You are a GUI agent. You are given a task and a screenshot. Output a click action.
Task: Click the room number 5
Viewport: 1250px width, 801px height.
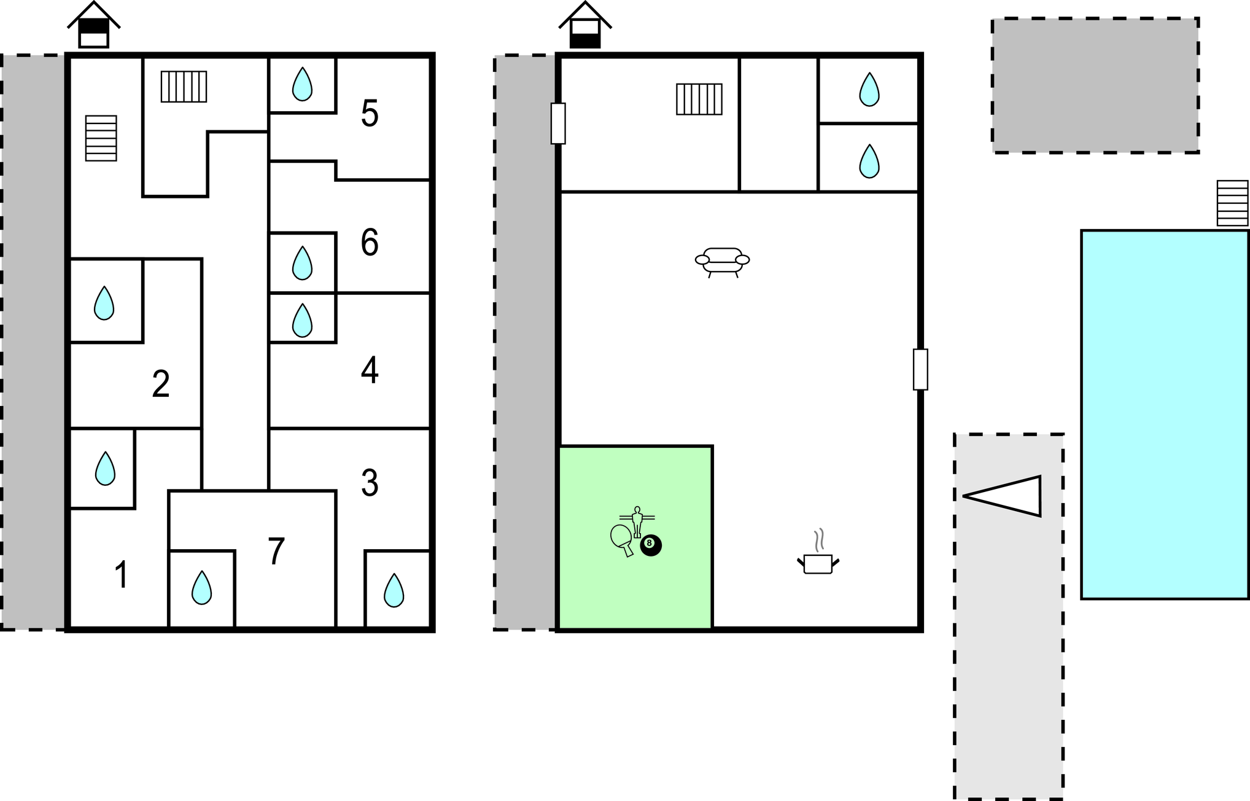pyautogui.click(x=370, y=114)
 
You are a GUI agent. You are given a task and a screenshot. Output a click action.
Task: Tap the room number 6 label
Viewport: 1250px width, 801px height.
pyautogui.click(x=370, y=242)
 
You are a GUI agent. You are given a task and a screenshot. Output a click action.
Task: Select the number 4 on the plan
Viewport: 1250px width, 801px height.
pyautogui.click(x=370, y=370)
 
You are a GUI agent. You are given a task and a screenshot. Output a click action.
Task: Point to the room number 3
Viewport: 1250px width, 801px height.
pyautogui.click(x=370, y=483)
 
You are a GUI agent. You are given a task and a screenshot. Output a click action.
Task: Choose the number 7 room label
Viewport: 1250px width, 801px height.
pyautogui.click(x=276, y=551)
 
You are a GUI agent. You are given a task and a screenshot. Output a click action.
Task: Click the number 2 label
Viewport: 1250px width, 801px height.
pyautogui.click(x=161, y=384)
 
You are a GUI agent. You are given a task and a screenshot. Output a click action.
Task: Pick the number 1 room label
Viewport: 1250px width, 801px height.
pyautogui.click(x=122, y=575)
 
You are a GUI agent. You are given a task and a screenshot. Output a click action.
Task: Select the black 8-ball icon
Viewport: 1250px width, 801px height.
pyautogui.click(x=651, y=545)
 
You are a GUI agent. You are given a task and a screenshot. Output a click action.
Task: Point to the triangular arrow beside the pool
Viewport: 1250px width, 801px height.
pyautogui.click(x=1002, y=496)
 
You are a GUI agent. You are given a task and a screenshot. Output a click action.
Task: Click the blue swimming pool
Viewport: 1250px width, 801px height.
pyautogui.click(x=1165, y=415)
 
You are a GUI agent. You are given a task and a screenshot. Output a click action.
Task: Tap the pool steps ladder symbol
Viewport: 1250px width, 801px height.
pyautogui.click(x=1233, y=203)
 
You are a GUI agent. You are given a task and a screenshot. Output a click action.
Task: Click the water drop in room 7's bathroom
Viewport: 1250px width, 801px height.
pyautogui.click(x=201, y=588)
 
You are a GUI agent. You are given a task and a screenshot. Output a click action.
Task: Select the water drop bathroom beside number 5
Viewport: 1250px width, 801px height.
pyautogui.click(x=302, y=84)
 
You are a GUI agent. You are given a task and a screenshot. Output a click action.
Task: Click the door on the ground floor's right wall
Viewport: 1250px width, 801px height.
pyautogui.click(x=920, y=369)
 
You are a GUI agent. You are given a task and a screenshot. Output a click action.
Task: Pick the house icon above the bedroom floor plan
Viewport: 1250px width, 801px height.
pyautogui.click(x=94, y=25)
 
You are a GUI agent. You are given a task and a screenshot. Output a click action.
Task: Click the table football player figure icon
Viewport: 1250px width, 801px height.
pyautogui.click(x=637, y=522)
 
